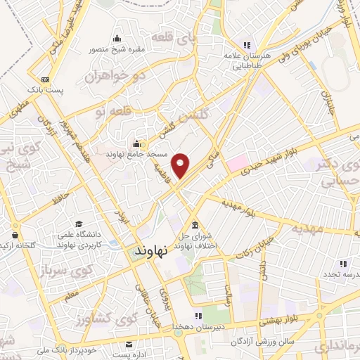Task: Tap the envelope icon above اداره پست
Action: [x=129, y=344]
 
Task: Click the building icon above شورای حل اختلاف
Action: [x=195, y=223]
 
